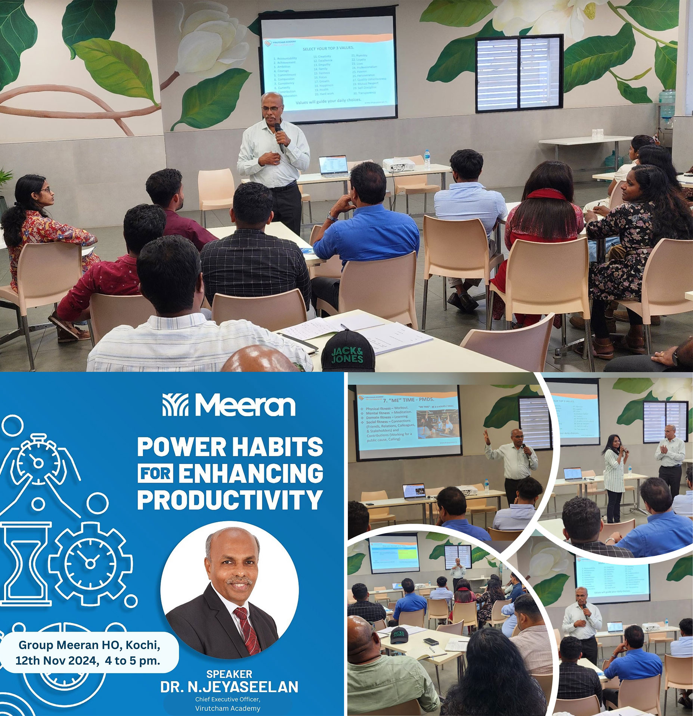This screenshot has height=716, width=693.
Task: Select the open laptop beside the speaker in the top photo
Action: tap(333, 165)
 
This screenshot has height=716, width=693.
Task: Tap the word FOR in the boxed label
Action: tap(156, 473)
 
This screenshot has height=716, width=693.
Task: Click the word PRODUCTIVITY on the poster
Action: tap(230, 499)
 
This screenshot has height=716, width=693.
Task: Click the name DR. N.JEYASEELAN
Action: tap(229, 687)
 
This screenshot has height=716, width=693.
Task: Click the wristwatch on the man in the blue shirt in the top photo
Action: tap(331, 215)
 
